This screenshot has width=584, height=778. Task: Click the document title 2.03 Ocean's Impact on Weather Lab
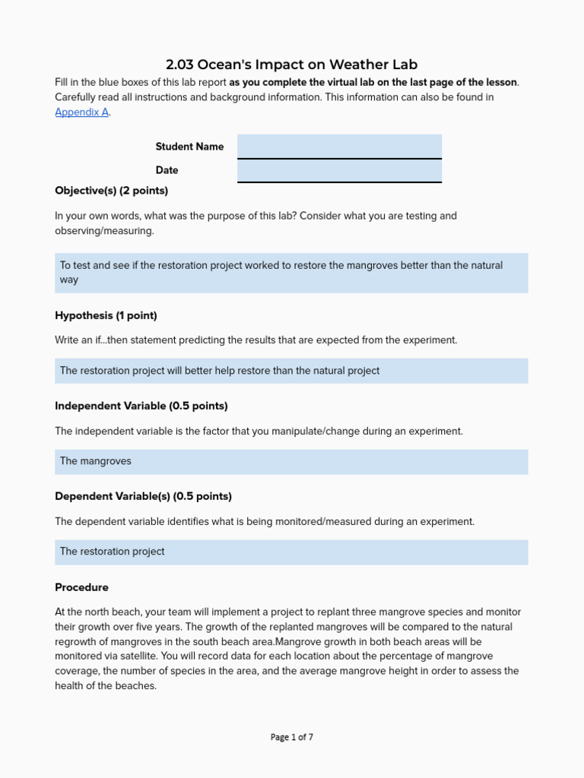[291, 65]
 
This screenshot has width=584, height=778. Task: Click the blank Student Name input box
[339, 146]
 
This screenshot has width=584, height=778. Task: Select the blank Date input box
[339, 170]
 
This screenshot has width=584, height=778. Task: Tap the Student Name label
[189, 147]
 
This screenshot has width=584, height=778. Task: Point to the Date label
[167, 170]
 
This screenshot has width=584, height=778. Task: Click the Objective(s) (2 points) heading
[111, 191]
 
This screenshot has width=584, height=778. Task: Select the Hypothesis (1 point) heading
[106, 315]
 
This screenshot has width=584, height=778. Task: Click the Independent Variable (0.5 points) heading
[141, 406]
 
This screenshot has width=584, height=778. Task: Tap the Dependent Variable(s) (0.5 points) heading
[143, 496]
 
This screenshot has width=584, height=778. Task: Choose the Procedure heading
[81, 587]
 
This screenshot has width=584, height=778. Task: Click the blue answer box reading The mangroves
[291, 461]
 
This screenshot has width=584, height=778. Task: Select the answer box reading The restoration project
[291, 552]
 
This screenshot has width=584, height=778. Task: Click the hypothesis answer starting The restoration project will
[291, 371]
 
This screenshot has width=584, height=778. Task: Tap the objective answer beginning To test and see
[291, 272]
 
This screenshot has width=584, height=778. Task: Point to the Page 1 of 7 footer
[291, 737]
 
